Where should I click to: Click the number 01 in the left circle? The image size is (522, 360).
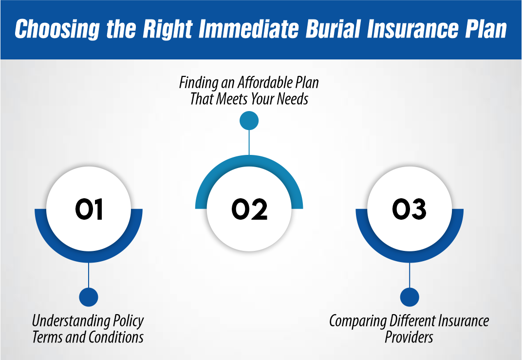89,209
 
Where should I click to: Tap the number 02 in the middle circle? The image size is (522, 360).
249,209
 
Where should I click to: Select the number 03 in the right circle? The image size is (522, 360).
409,209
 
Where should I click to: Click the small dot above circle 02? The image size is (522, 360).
249,121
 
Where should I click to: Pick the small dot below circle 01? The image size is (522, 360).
89,297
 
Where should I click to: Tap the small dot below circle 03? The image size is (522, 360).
410,297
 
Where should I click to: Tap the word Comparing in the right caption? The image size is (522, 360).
357,322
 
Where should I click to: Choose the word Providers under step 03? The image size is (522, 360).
409,337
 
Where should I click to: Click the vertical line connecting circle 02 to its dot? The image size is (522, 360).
249,142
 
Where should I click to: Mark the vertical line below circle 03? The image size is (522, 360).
410,275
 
